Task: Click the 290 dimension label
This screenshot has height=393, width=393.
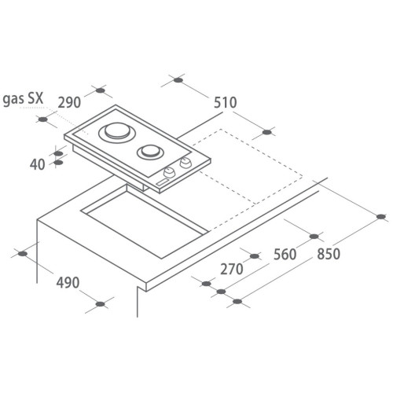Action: (69, 102)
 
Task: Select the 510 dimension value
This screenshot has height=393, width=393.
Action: (226, 102)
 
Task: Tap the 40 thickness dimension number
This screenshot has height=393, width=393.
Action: (37, 165)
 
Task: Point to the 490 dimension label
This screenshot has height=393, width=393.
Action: (68, 283)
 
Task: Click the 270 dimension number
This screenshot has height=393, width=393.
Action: (232, 269)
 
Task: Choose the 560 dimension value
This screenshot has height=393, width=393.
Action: (285, 255)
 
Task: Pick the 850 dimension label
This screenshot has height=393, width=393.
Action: (329, 254)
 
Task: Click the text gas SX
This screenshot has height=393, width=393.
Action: (23, 99)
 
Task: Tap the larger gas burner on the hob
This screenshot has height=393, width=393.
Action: (118, 133)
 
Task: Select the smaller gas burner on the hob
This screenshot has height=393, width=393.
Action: (150, 152)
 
